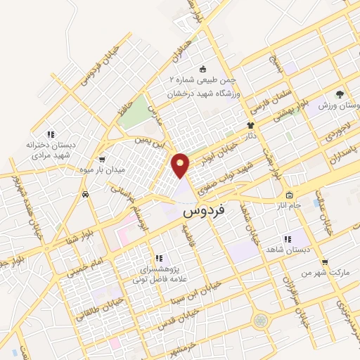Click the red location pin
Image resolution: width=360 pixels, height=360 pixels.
click(181, 165)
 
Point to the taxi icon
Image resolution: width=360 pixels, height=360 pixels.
click(85, 195)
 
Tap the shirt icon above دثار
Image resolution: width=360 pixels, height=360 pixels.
click(252, 121)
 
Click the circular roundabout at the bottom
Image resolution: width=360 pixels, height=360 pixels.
click(262, 320)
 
